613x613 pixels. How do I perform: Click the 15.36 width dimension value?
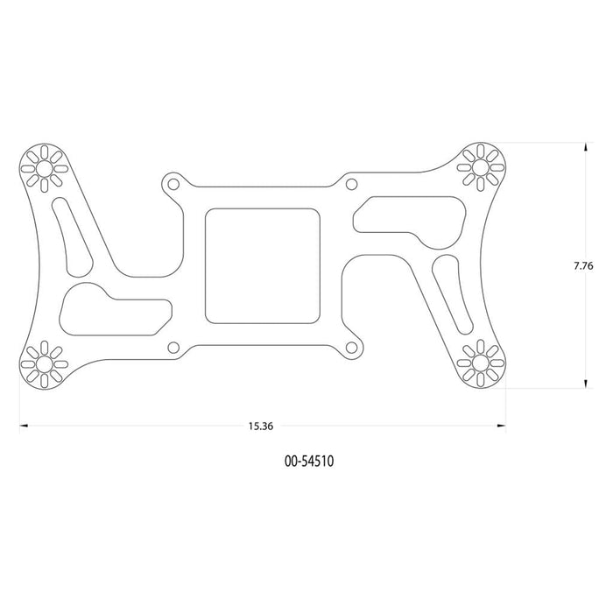click(x=261, y=426)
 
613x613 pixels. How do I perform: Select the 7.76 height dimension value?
click(x=583, y=266)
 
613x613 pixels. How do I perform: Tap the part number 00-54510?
click(x=309, y=462)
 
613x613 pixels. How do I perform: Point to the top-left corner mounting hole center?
click(x=44, y=168)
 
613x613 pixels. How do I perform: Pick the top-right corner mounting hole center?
click(x=481, y=168)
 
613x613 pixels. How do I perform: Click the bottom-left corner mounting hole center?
click(x=44, y=364)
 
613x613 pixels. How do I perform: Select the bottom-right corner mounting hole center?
click(x=481, y=363)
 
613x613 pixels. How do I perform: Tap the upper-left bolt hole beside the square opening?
click(x=173, y=184)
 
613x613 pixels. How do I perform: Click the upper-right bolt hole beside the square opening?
click(x=351, y=184)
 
